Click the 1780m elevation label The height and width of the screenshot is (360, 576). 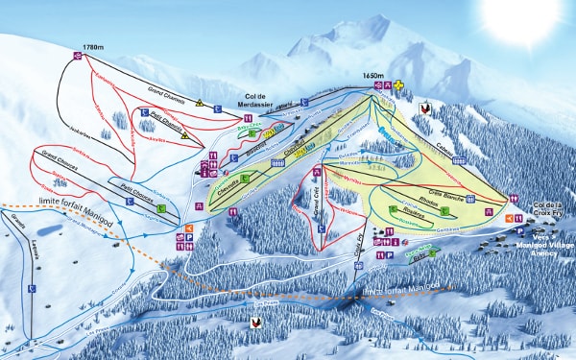(93, 45)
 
